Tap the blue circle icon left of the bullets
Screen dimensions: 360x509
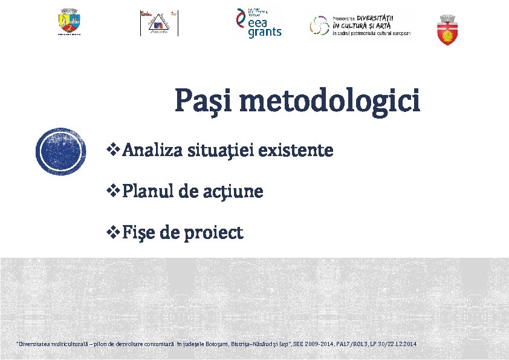[61, 152]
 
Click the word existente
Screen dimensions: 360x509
[296, 150]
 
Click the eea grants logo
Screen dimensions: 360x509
[258, 24]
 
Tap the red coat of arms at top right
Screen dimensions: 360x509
[447, 31]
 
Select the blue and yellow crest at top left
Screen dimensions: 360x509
[69, 22]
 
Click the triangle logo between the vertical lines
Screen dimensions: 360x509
[159, 24]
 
